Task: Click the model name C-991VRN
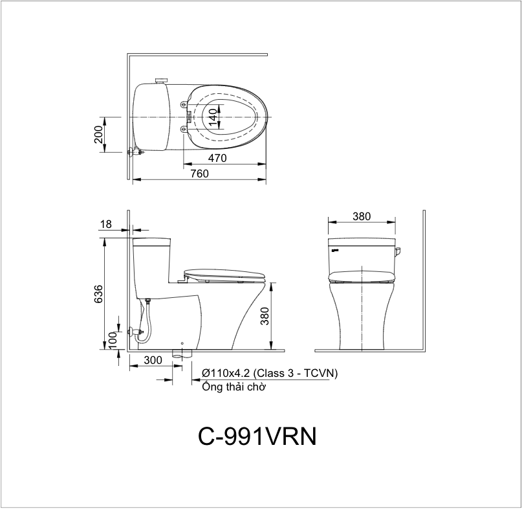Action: coord(257,436)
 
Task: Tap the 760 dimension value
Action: coord(199,174)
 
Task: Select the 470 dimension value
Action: coord(217,158)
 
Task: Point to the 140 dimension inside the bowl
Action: coord(213,117)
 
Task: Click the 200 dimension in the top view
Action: coord(99,134)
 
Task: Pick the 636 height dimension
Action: coord(99,294)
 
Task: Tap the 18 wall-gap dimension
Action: coord(106,224)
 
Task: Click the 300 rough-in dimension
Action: coord(153,360)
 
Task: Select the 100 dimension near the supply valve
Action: coord(113,340)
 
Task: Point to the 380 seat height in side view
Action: coord(265,316)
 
